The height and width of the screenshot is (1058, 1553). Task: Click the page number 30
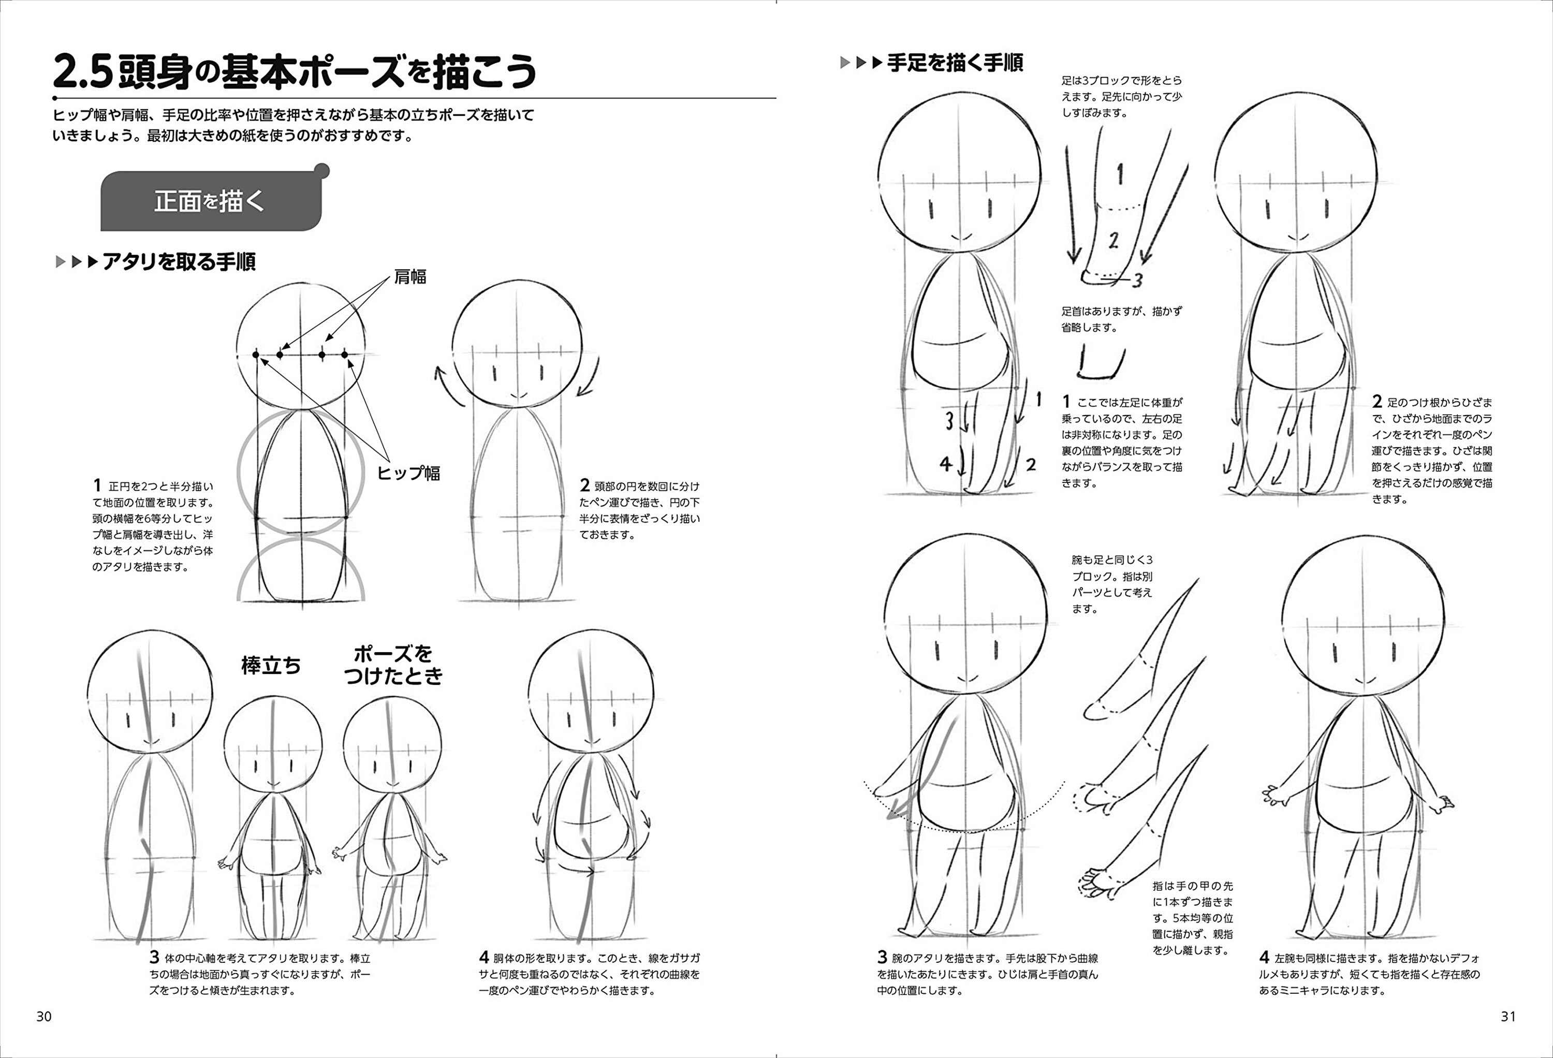coord(43,1017)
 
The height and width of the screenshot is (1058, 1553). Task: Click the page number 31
coord(1508,1017)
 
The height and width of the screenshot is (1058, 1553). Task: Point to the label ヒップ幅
coord(408,473)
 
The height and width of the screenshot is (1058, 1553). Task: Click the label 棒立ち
coord(271,666)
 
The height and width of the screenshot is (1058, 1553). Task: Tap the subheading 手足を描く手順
coord(954,64)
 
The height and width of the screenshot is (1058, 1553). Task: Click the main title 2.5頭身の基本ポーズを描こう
coord(294,72)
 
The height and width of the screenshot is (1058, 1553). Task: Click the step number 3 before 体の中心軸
coord(154,957)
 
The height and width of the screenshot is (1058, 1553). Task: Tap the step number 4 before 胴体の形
coord(484,957)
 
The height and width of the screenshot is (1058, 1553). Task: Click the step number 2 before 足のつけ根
coord(1377,402)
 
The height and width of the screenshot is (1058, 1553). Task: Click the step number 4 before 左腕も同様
coord(1264,957)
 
